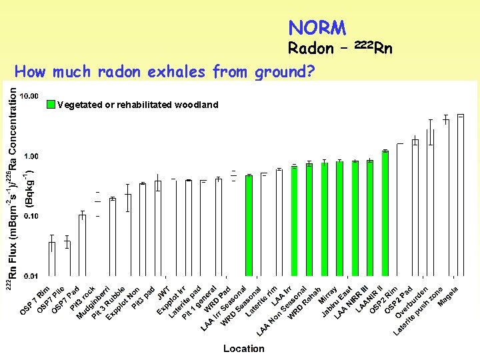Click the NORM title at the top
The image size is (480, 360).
click(x=317, y=28)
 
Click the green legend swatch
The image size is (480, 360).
click(x=51, y=104)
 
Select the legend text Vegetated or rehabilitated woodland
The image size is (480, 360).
click(x=137, y=105)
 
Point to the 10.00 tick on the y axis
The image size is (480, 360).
click(x=30, y=96)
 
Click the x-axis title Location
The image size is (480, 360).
click(x=243, y=349)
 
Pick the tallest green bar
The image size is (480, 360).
click(x=385, y=213)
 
